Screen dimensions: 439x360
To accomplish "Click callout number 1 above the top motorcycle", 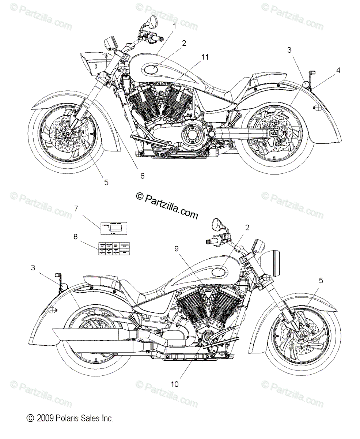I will pos(174,26).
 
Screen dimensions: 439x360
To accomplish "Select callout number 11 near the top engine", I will pos(204,57).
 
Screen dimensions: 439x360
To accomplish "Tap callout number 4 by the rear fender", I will pos(338,70).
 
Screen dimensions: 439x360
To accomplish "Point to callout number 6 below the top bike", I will pos(142,176).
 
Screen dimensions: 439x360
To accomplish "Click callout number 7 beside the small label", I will pos(76,209).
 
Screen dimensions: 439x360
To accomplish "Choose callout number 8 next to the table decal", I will pos(76,237).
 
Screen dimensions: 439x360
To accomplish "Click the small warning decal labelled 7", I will pos(111,229).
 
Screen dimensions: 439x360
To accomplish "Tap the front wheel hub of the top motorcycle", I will pos(68,133).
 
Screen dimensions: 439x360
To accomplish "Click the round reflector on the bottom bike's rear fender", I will pos(53,310).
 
